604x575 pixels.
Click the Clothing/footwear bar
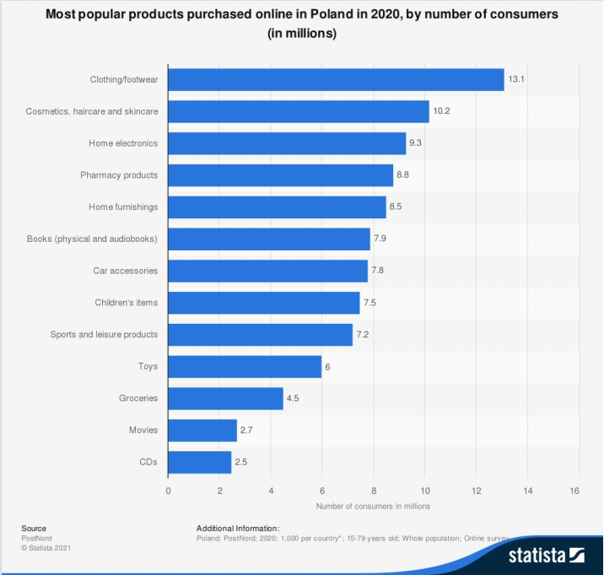336,80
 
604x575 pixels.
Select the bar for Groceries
225,398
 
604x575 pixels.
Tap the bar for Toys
245,367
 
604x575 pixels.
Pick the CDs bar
200,462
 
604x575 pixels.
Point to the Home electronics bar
287,143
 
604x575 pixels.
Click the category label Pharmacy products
119,175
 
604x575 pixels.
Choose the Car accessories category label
126,271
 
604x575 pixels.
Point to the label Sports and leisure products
104,335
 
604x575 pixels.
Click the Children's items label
127,303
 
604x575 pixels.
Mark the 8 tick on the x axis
374,491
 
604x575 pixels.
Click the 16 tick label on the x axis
578,491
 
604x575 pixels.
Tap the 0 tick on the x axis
169,491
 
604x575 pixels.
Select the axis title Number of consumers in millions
373,506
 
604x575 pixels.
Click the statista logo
546,556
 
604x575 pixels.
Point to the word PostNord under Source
37,537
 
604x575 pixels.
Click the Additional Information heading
238,528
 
